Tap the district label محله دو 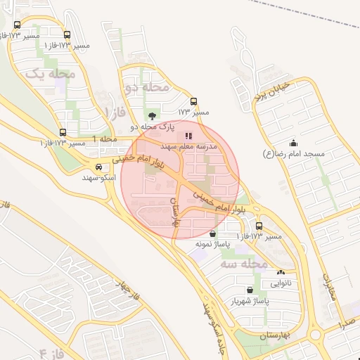[x=146, y=87]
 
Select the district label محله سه [x=244, y=264]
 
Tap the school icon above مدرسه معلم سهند [x=188, y=136]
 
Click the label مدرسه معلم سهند [x=188, y=147]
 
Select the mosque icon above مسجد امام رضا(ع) [x=293, y=143]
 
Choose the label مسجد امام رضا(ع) [x=293, y=153]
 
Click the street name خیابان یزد [x=281, y=89]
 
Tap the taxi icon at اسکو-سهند [x=99, y=167]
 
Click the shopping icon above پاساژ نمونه [x=213, y=233]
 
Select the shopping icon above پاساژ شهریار [x=250, y=290]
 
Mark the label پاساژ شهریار [x=250, y=301]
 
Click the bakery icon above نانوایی [x=281, y=272]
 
